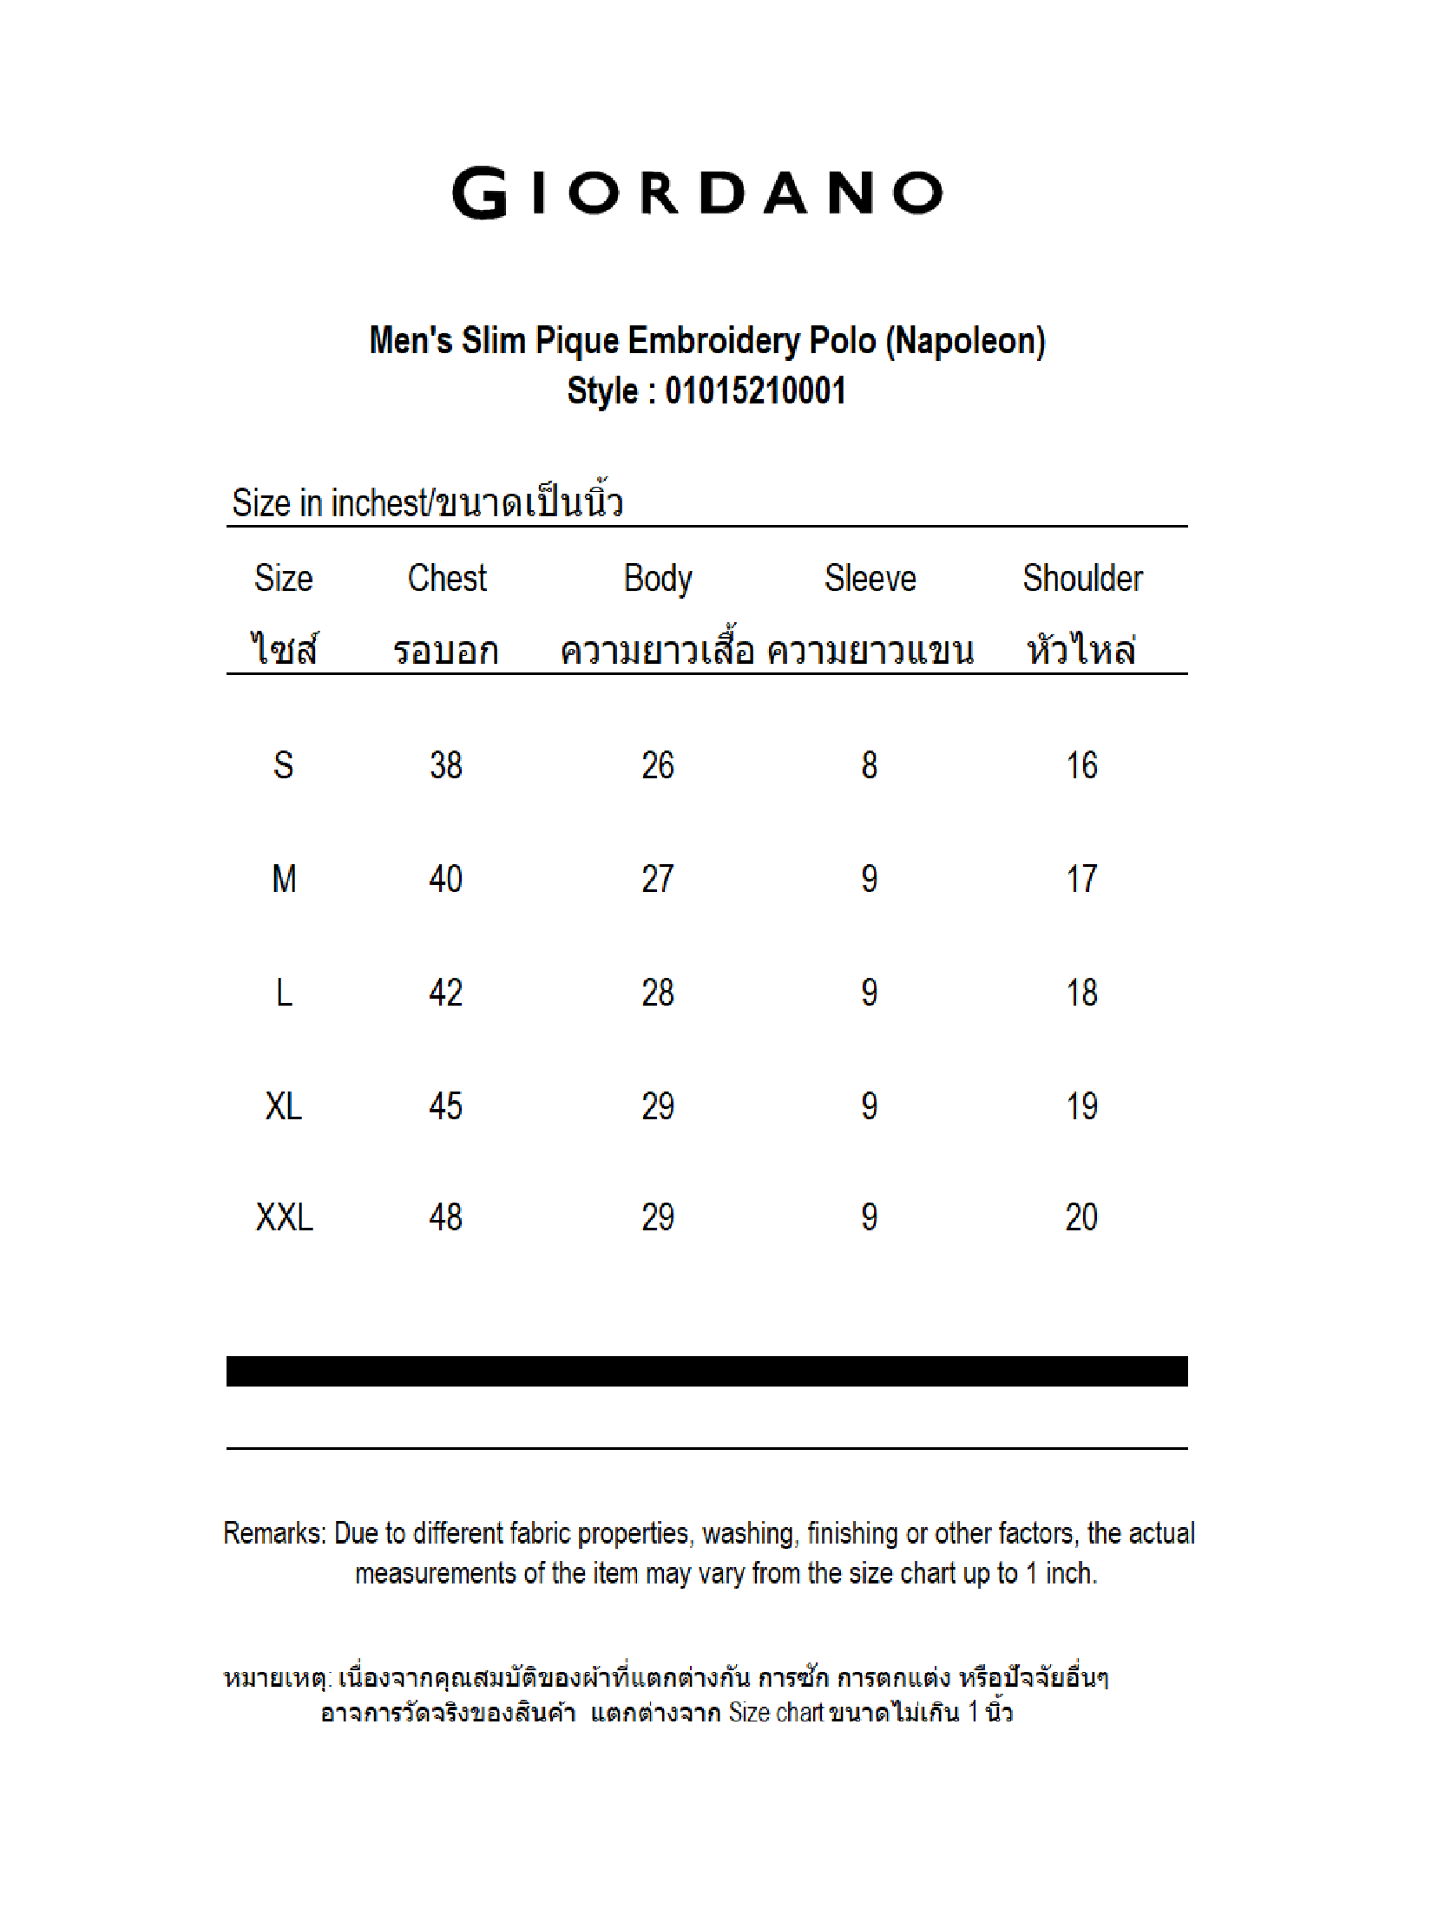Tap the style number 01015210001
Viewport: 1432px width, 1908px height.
[x=755, y=390]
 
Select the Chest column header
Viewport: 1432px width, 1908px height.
[x=447, y=579]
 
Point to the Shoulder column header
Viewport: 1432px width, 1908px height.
[x=1082, y=579]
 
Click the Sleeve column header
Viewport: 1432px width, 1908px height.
[x=870, y=579]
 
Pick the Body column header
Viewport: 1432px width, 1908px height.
[x=658, y=579]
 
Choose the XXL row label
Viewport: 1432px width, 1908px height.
[x=284, y=1217]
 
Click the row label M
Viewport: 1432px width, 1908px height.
[x=284, y=879]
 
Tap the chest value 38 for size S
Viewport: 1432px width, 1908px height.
[x=446, y=765]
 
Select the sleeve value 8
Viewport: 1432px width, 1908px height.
[x=869, y=765]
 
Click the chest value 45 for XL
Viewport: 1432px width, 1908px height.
[x=446, y=1106]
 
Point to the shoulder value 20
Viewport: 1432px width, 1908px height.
[x=1081, y=1217]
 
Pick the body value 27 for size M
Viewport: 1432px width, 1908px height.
[x=658, y=879]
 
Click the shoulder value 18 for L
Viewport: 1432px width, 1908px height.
[x=1081, y=993]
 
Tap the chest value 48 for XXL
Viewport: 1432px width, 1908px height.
[x=446, y=1217]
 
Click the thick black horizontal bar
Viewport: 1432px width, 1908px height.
[x=706, y=1371]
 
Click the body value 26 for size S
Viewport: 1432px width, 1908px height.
[x=658, y=765]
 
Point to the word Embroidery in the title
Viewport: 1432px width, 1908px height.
[x=713, y=341]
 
